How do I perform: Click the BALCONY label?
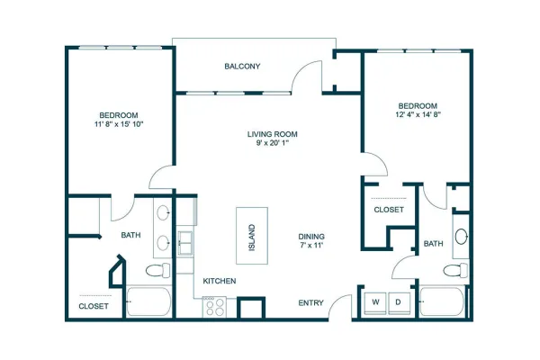[x=242, y=66]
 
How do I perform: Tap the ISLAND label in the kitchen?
[x=252, y=238]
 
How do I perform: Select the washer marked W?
[x=375, y=302]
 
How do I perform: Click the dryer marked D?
[x=399, y=302]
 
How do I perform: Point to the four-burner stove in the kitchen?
[x=214, y=307]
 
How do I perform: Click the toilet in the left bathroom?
[x=158, y=270]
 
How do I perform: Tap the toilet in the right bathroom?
[x=455, y=270]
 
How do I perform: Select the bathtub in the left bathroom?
[x=148, y=301]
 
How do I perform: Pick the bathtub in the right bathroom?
[x=442, y=301]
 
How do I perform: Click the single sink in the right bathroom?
[x=461, y=237]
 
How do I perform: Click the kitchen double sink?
[x=184, y=243]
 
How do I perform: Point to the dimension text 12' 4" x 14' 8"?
[x=418, y=114]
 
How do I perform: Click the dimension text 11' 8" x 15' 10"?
[x=119, y=124]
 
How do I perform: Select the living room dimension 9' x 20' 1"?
[x=272, y=143]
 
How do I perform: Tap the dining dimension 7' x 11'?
[x=311, y=246]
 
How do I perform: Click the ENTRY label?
[x=310, y=302]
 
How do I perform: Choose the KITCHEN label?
[x=220, y=281]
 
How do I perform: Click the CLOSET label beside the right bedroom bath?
[x=389, y=210]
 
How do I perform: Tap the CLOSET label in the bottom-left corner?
[x=94, y=306]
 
